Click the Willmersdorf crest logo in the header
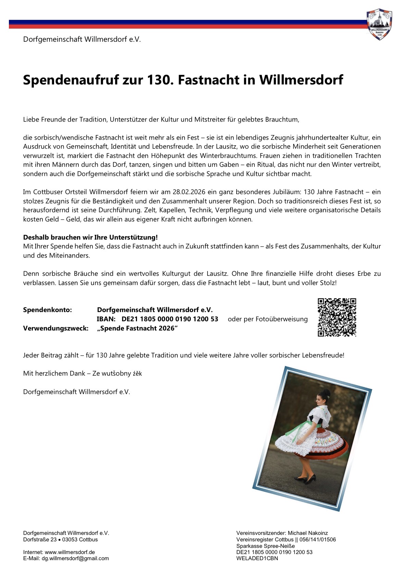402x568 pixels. point(379,24)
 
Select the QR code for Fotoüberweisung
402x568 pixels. point(337,317)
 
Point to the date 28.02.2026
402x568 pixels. point(189,192)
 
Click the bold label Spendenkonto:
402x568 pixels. point(47,310)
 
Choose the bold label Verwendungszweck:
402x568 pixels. point(55,328)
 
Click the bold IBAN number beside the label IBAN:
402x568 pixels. point(170,319)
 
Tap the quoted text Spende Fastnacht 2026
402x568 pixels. point(137,328)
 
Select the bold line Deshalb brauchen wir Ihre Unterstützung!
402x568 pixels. point(90,237)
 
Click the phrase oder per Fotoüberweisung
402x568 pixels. point(267,319)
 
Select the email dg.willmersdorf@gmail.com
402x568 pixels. point(75,558)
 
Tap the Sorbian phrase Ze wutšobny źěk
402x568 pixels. point(117,374)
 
